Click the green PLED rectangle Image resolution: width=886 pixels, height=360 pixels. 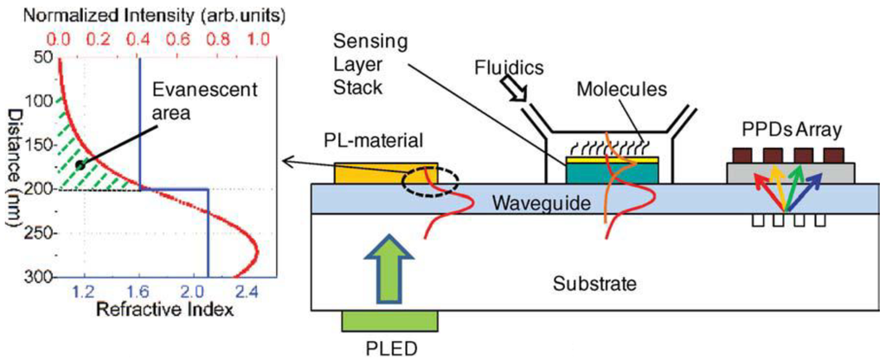pyautogui.click(x=389, y=321)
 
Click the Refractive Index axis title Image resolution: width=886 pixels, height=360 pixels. pyautogui.click(x=164, y=310)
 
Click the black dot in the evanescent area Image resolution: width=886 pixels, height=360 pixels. pyautogui.click(x=80, y=164)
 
